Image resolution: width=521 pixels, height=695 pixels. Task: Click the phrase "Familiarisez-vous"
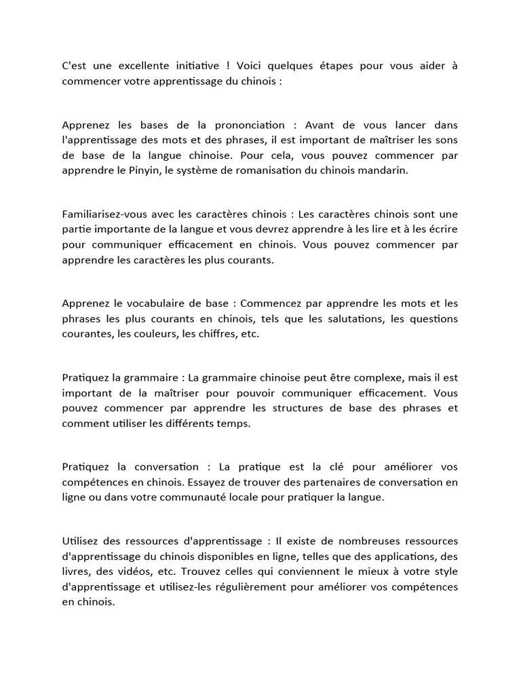click(105, 214)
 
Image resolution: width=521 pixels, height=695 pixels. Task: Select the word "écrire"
click(442, 229)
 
